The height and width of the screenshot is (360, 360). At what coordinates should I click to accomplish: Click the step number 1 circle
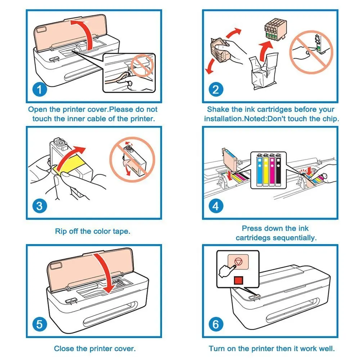point(40,90)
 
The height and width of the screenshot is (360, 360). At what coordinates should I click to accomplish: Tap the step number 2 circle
point(216,90)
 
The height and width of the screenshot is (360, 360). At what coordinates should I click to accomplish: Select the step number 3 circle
point(40,206)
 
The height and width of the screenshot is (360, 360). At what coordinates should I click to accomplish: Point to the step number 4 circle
point(216,206)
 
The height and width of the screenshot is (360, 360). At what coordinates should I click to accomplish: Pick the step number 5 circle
point(40,324)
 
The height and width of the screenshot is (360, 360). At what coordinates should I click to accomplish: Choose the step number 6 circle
point(216,324)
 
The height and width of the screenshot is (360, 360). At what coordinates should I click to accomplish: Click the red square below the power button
point(238,280)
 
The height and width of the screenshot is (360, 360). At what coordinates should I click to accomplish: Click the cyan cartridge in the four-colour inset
point(260,170)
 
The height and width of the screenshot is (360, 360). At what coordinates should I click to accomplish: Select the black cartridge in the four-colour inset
point(278,170)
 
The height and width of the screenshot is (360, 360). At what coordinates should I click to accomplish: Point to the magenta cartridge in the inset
point(272,170)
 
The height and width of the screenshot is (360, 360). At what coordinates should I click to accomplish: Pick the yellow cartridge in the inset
point(266,170)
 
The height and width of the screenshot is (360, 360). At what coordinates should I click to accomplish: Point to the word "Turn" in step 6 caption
point(217,348)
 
